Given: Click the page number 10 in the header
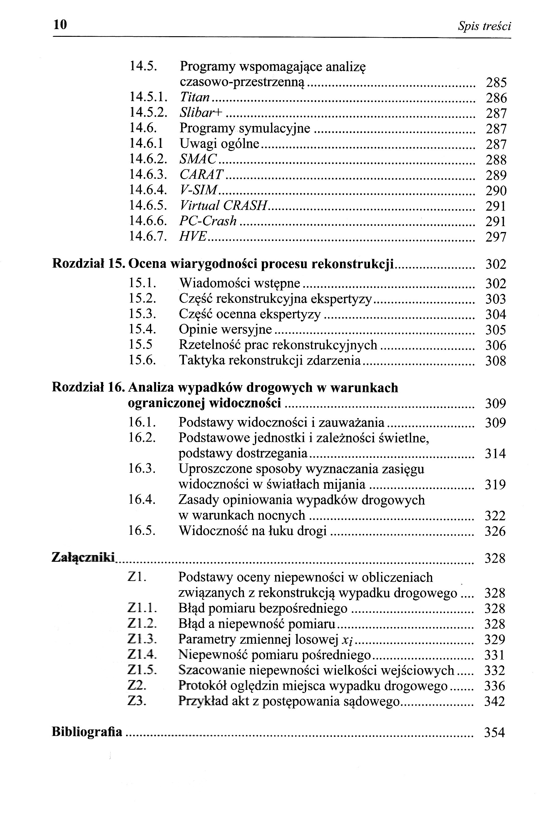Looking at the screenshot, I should point(60,24).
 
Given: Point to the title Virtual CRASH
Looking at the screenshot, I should point(223,205).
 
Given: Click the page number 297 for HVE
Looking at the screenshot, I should point(496,237).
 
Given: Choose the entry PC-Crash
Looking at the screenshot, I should point(208,221).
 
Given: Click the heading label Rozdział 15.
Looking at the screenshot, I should point(88,264).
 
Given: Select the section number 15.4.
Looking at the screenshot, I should point(142,329).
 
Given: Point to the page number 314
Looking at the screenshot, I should point(495,454).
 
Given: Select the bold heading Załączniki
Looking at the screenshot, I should point(83,557).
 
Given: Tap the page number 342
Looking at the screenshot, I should point(495,701).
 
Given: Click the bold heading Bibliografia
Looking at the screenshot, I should point(87,732).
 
